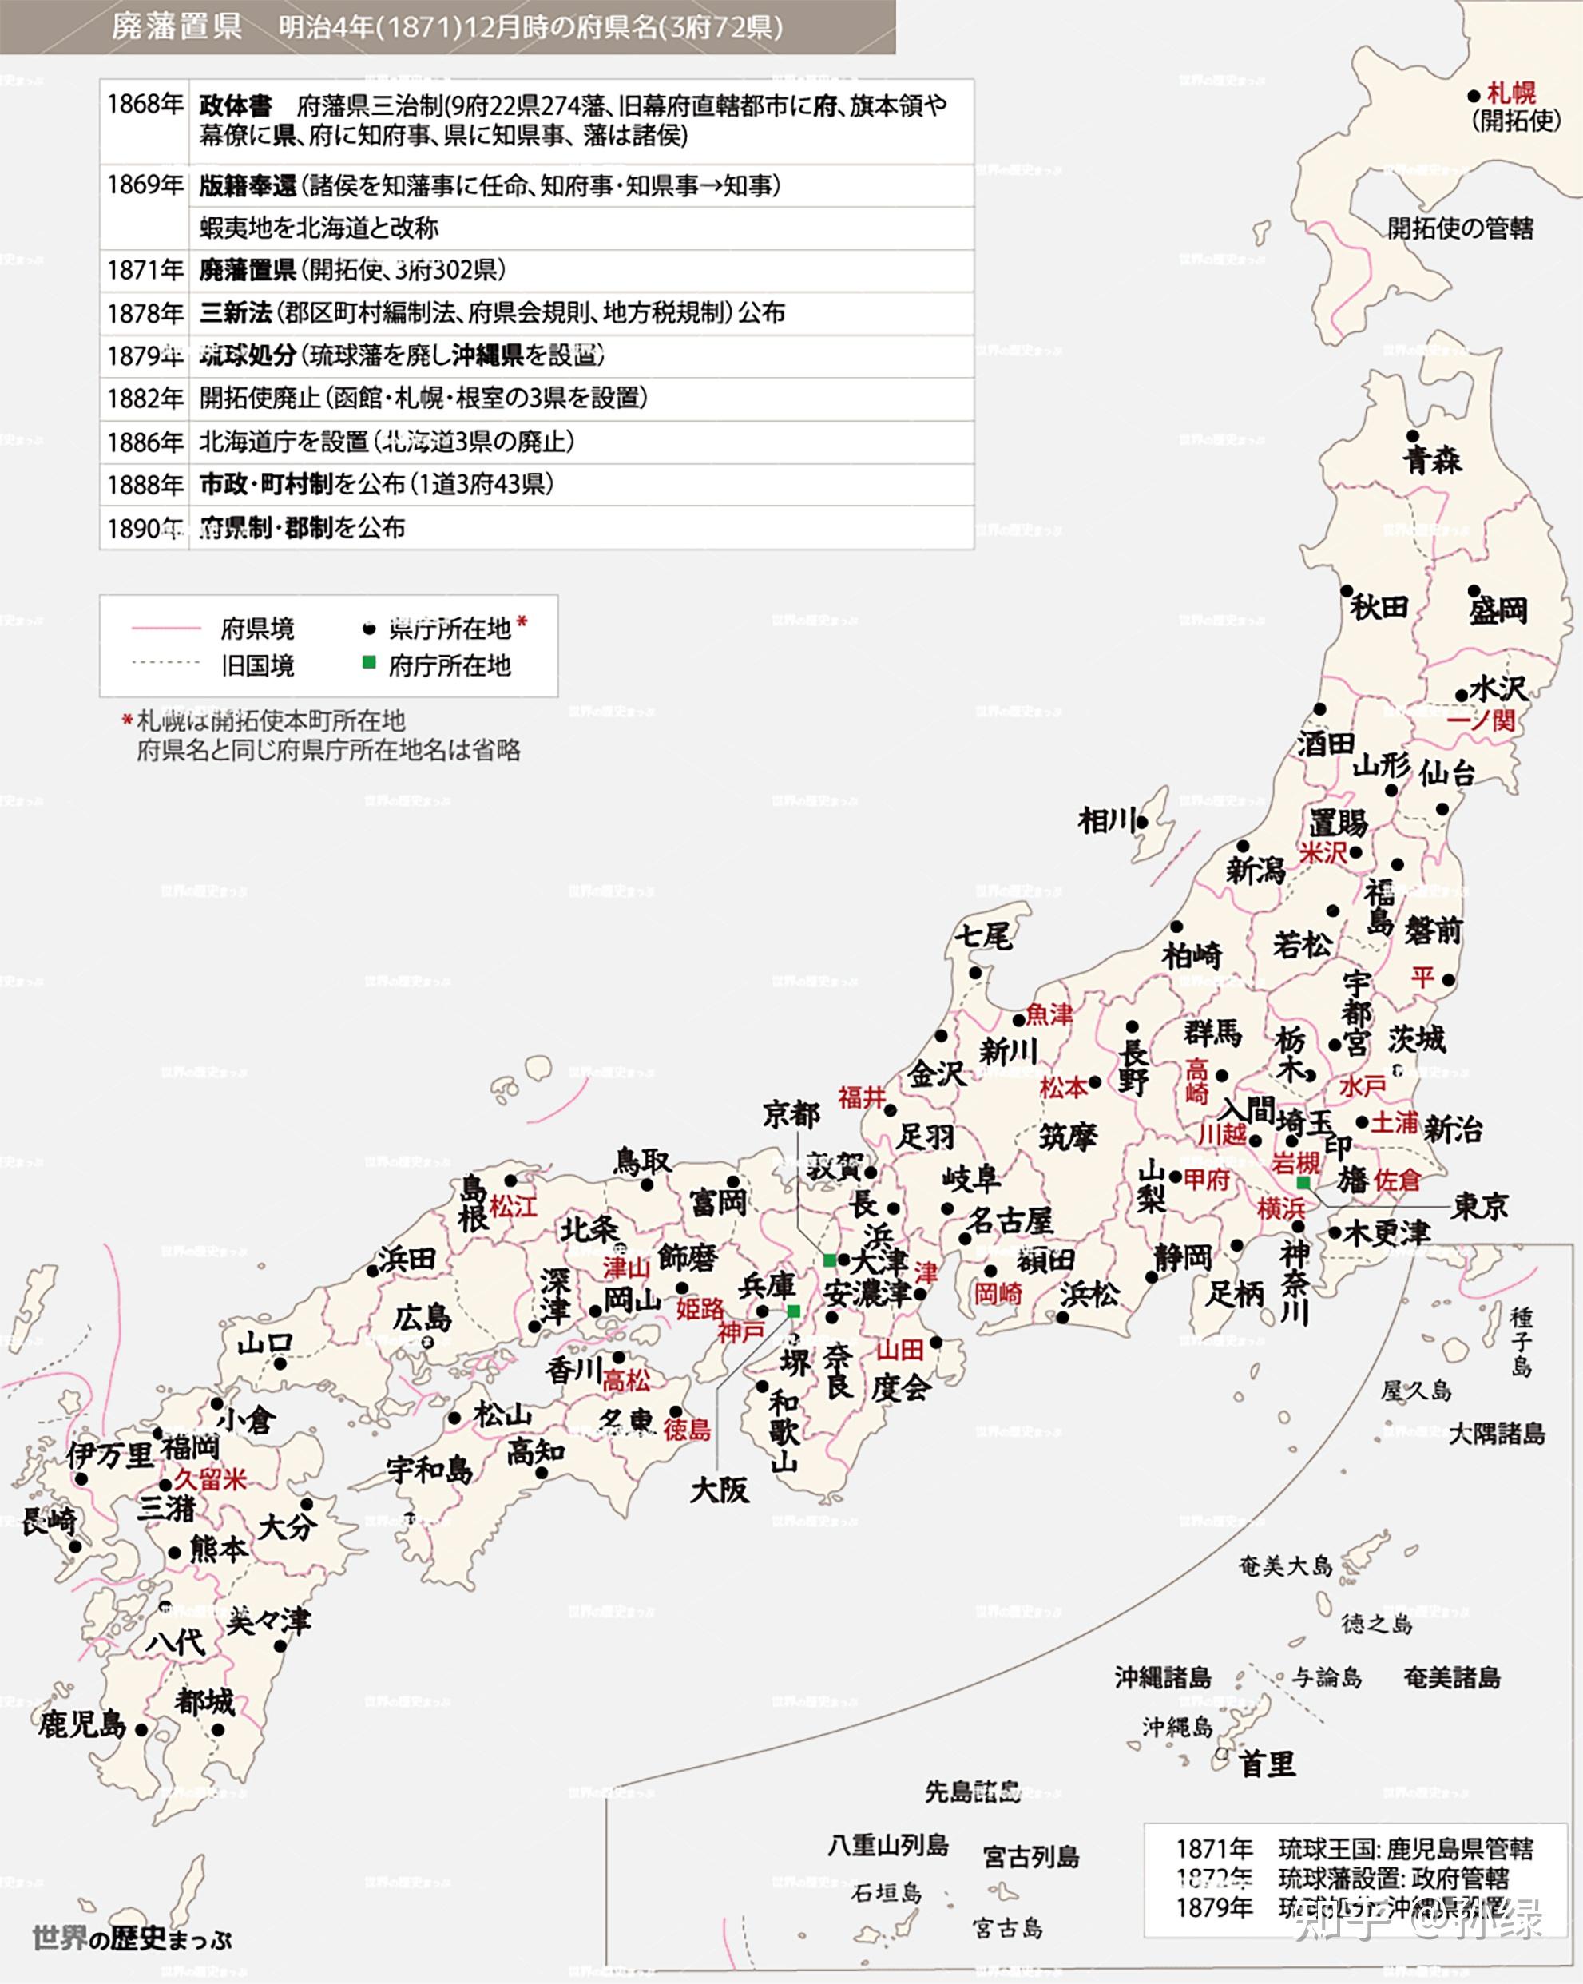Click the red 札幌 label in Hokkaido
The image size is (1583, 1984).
tap(1511, 93)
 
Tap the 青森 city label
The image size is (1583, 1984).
tap(1432, 459)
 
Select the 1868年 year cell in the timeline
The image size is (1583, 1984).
tap(145, 105)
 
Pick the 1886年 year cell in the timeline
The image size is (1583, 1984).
tap(145, 442)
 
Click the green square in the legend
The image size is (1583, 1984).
tap(369, 663)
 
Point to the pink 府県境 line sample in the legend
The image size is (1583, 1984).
tap(165, 629)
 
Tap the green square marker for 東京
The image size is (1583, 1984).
tap(1303, 1182)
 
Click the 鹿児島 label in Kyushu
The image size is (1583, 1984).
tap(82, 1724)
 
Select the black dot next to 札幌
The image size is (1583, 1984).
tap(1474, 96)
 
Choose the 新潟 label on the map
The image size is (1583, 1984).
tap(1256, 870)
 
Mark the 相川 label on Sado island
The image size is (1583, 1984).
tap(1107, 820)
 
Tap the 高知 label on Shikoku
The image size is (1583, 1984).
tap(536, 1452)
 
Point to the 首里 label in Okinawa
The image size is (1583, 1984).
tap(1268, 1764)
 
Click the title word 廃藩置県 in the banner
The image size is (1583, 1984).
tap(177, 26)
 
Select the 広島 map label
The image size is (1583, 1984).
tap(423, 1318)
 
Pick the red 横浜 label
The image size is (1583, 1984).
tap(1281, 1209)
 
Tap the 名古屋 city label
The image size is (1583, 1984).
tap(1010, 1221)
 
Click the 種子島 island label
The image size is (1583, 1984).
tap(1521, 1341)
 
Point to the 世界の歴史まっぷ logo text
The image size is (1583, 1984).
tap(132, 1938)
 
